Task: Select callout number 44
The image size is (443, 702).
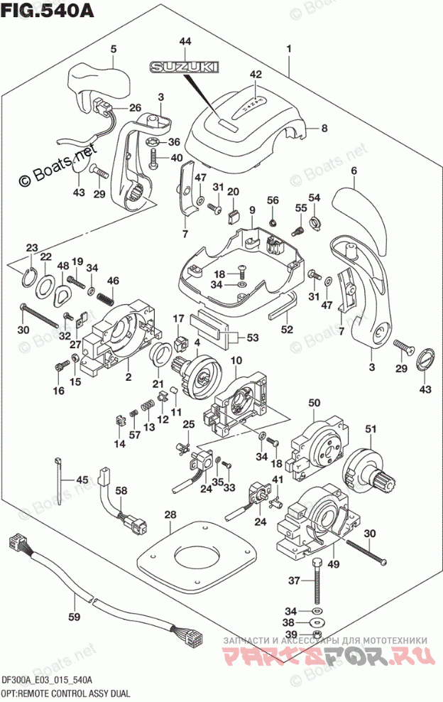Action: tap(185, 43)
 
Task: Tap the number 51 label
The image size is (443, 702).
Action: tap(369, 428)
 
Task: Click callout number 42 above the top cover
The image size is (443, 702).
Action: tap(256, 73)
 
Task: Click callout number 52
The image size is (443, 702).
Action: tap(287, 329)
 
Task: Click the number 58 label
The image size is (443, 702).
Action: tap(121, 490)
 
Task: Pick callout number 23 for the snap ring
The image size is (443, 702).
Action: tap(32, 247)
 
